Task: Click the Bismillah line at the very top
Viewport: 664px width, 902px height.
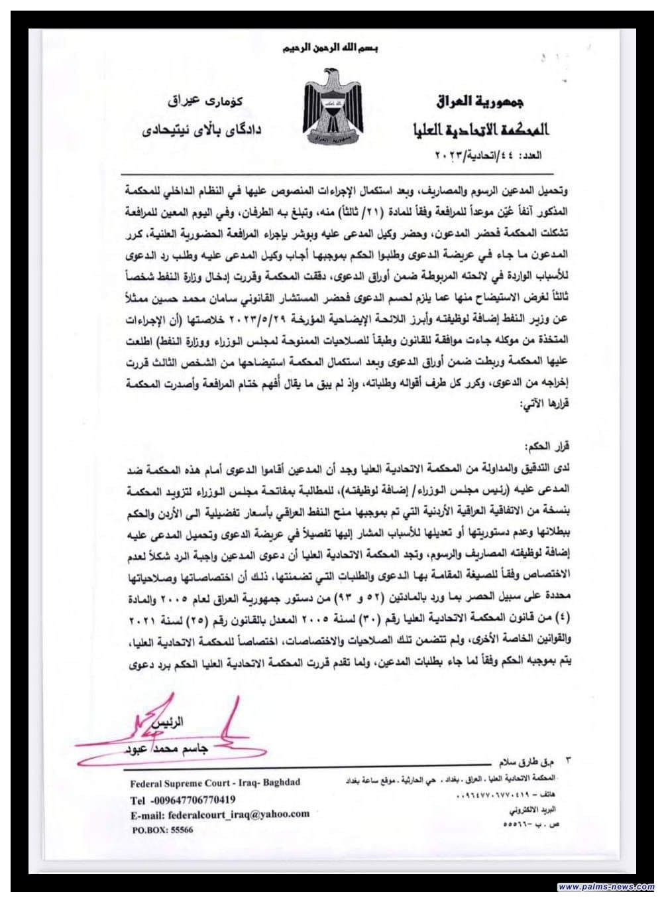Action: (x=331, y=49)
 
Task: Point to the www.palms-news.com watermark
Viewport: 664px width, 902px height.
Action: (x=606, y=887)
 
